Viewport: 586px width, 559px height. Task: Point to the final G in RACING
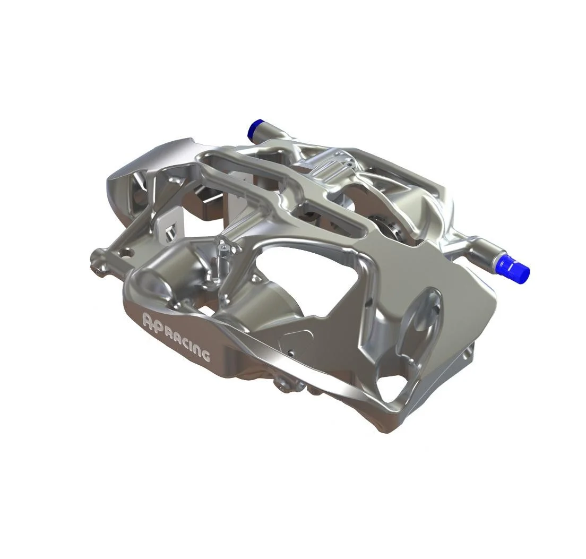204,355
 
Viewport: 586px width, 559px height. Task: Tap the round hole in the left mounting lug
128,253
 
